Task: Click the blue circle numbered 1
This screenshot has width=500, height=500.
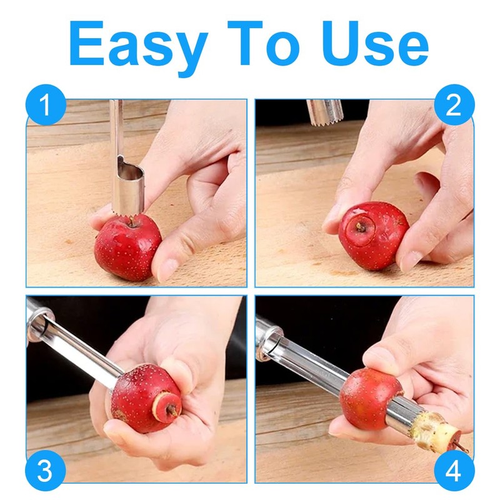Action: pos(46,105)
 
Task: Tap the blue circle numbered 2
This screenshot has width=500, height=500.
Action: pos(454,105)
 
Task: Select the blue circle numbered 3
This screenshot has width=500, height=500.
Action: pos(46,471)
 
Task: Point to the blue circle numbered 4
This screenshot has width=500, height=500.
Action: pos(454,471)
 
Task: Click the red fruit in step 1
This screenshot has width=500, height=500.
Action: pos(128,247)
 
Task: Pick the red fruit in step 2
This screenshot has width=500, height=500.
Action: pos(372,236)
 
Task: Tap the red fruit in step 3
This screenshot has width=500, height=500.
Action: pos(145,399)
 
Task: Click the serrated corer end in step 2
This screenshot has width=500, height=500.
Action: pos(324,113)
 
